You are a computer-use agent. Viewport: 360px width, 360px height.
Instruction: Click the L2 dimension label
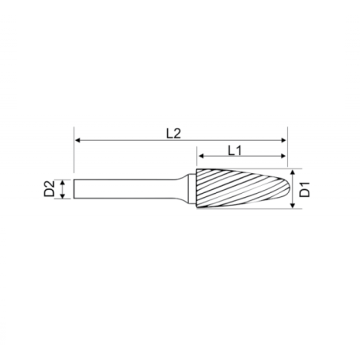click(173, 134)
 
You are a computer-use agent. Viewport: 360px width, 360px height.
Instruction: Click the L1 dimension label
click(235, 150)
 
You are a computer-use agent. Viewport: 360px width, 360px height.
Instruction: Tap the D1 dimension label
click(305, 189)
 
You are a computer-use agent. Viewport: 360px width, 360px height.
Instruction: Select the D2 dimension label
click(49, 188)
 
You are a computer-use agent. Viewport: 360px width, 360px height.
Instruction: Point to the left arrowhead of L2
click(78, 140)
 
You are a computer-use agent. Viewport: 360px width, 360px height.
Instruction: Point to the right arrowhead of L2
click(284, 140)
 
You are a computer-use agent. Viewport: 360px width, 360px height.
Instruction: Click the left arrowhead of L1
click(201, 156)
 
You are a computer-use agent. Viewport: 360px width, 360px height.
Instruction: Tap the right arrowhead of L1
click(283, 156)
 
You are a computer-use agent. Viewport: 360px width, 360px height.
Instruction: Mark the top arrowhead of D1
click(292, 172)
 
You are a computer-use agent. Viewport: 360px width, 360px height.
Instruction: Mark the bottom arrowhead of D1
click(292, 205)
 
